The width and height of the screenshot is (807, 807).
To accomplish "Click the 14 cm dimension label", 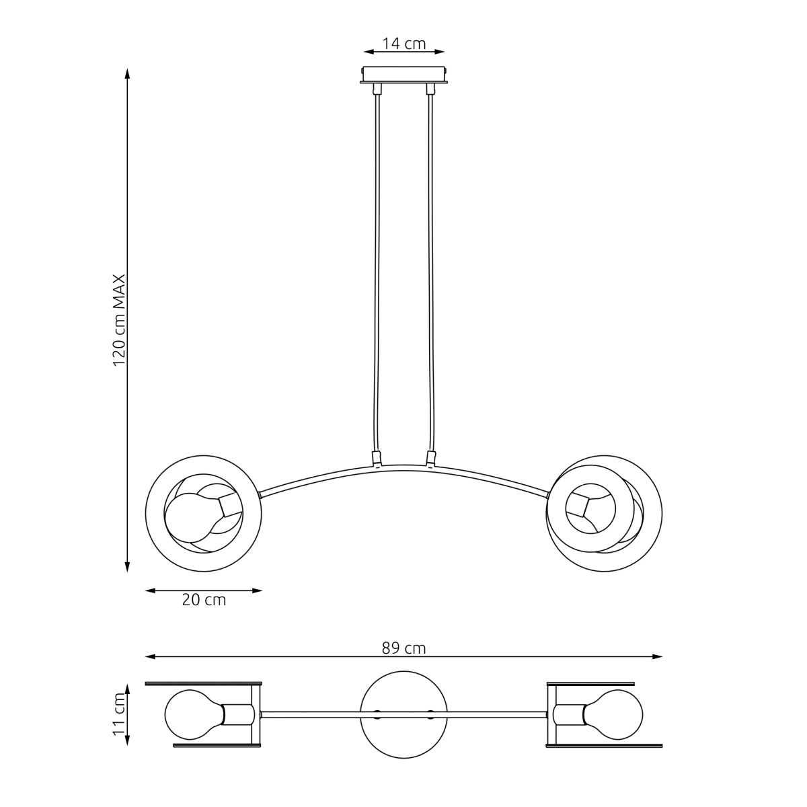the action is (x=403, y=43).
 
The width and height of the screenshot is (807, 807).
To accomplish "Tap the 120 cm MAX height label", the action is (x=119, y=320).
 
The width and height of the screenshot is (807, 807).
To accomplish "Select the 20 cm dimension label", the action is (x=204, y=600).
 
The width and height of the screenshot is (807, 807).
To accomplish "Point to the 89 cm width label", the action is (x=403, y=648).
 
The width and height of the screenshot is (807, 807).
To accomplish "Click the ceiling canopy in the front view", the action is (x=403, y=75).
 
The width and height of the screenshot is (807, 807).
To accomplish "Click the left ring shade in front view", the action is (x=146, y=513).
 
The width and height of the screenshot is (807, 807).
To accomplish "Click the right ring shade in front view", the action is (x=662, y=513).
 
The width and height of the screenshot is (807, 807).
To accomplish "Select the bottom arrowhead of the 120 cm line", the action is (x=127, y=567).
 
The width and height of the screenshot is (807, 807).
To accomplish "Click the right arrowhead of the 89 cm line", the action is (x=658, y=656).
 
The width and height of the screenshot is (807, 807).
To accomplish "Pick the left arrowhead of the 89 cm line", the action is (x=151, y=656).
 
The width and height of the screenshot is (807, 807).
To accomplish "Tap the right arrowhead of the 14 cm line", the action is (x=439, y=52).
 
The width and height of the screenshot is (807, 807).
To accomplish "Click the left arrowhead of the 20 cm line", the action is (x=151, y=591).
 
